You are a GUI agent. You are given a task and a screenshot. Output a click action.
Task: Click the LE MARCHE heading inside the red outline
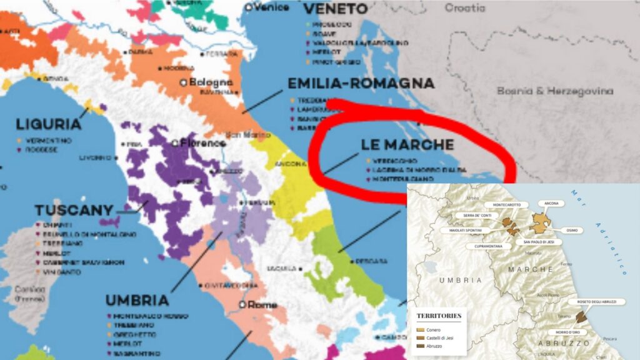(407, 144)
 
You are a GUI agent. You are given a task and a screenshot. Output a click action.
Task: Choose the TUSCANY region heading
(74, 211)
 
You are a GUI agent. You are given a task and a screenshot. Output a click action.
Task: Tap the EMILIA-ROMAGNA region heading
(361, 84)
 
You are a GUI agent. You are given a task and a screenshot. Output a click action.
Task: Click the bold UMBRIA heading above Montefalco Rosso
(137, 300)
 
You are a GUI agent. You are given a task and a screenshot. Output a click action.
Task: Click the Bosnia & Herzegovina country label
(555, 91)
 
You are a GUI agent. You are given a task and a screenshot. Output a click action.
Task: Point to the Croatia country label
(464, 8)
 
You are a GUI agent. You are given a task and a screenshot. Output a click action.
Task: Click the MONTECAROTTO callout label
(507, 204)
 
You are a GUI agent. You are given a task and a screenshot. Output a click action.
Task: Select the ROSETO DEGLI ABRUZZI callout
(601, 302)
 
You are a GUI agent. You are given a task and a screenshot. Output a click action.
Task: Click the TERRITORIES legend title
(439, 316)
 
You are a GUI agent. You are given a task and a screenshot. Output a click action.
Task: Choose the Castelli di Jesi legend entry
(441, 337)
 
